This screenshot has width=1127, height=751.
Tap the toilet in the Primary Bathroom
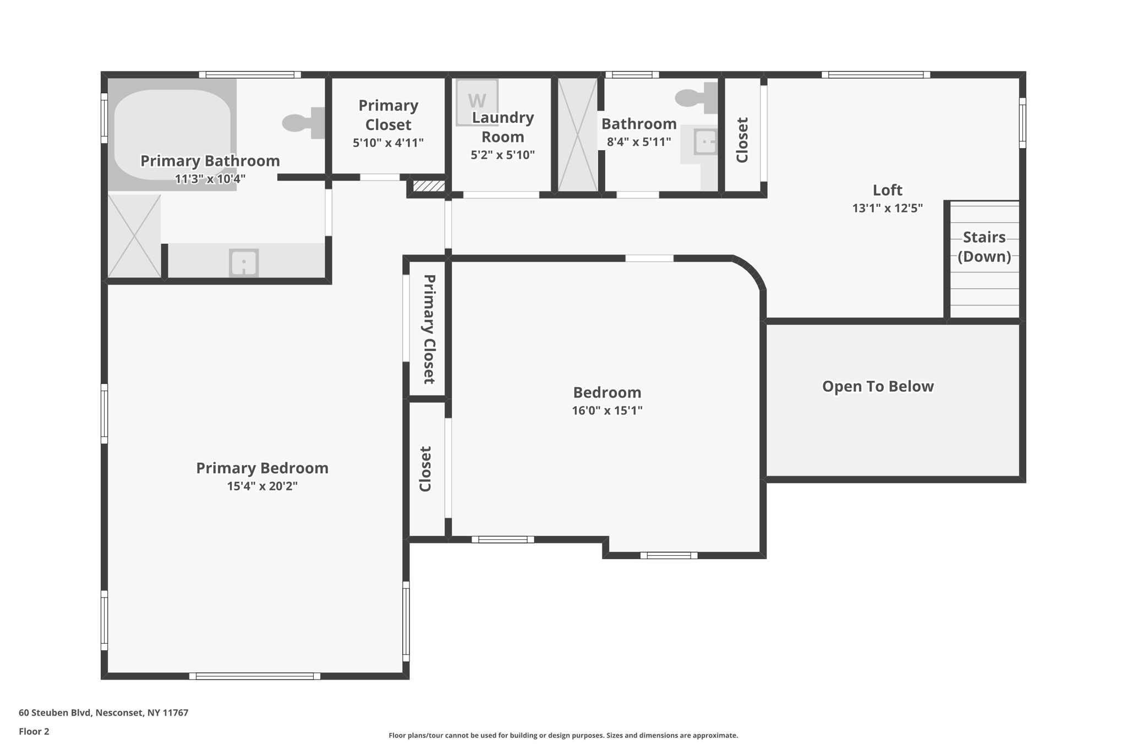click(302, 123)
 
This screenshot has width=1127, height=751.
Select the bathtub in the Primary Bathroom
click(172, 134)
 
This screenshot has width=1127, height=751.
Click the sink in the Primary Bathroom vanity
click(243, 263)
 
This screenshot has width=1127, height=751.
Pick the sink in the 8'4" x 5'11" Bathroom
click(705, 142)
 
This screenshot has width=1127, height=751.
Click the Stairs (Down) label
click(984, 246)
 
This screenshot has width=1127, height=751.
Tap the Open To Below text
click(877, 386)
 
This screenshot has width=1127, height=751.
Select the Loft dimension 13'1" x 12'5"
click(887, 208)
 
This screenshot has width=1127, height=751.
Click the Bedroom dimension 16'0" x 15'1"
click(607, 410)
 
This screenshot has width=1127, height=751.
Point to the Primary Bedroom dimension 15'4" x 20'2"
click(262, 486)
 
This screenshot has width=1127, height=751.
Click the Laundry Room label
click(502, 127)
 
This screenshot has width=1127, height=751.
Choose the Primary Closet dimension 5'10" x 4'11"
click(388, 143)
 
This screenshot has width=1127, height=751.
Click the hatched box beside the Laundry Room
click(429, 186)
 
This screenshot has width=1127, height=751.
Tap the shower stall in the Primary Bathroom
click(134, 235)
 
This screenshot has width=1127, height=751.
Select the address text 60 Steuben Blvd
click(103, 712)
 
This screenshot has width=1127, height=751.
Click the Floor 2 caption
click(34, 731)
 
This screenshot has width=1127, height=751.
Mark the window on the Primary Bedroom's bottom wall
click(255, 676)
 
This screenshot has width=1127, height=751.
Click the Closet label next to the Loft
click(742, 140)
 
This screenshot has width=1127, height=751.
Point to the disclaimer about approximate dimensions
click(563, 736)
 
